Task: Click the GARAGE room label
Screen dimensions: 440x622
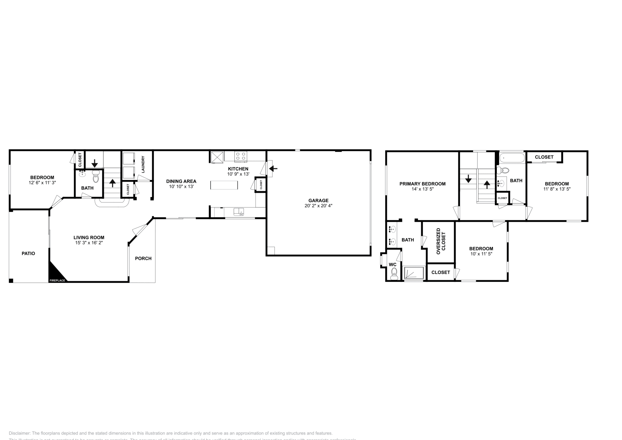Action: coord(318,201)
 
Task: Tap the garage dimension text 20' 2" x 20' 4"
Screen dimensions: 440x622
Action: coord(318,206)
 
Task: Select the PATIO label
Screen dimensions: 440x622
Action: coord(28,253)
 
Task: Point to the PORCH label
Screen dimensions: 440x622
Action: coord(143,258)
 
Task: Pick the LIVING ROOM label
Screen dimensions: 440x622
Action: coord(89,237)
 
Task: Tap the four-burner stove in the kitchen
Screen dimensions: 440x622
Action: coord(241,156)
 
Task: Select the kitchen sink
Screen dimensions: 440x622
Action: coord(239,212)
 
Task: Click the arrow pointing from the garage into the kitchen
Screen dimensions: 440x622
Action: coord(273,168)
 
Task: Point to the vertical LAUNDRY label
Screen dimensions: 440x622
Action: coord(143,164)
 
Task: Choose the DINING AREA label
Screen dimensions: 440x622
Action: coord(181,181)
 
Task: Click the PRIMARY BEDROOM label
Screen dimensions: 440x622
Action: coord(423,184)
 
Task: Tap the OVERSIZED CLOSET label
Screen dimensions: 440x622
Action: coord(441,241)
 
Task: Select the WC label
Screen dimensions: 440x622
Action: coord(393,264)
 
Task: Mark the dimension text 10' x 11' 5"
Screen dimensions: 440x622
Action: coord(481,254)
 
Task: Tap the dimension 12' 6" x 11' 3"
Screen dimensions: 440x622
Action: coord(42,183)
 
